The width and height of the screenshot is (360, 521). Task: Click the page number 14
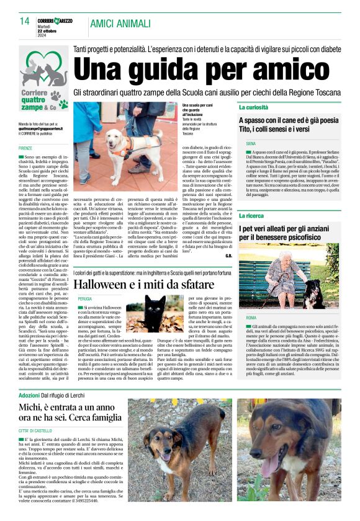point(25,21)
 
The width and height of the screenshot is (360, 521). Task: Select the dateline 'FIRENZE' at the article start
point(25,149)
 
